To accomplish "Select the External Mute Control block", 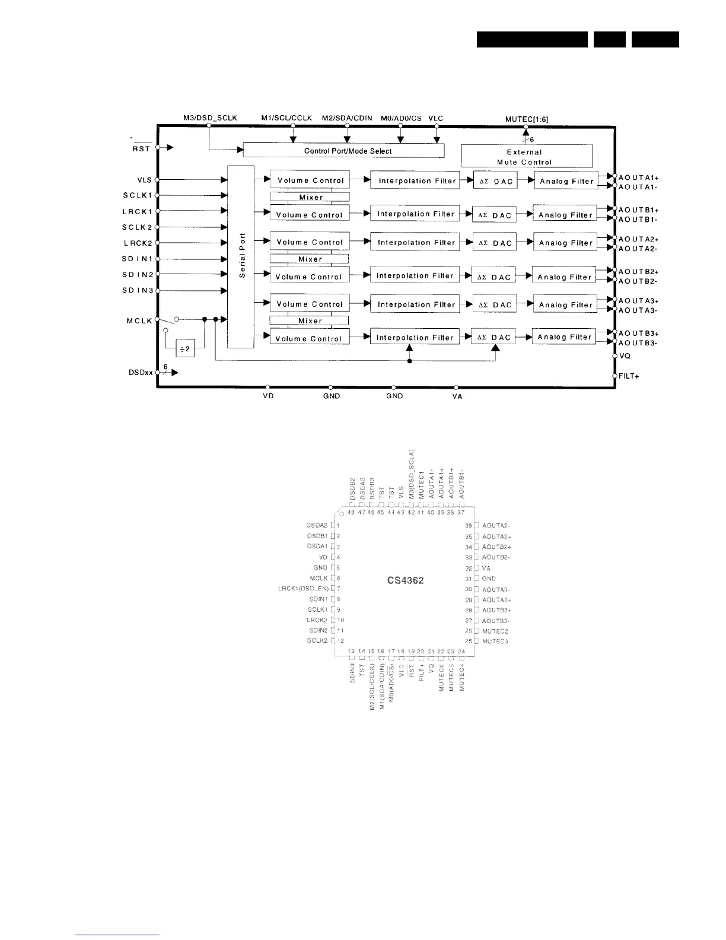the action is pyautogui.click(x=527, y=157).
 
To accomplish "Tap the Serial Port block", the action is pyautogui.click(x=241, y=257).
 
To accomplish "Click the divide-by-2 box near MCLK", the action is pyautogui.click(x=186, y=349).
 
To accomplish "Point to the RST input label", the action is pyautogui.click(x=141, y=148).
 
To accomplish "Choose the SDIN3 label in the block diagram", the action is pyautogui.click(x=138, y=290).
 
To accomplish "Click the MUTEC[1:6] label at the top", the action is pyautogui.click(x=526, y=119).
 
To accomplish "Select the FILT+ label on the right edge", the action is pyautogui.click(x=629, y=376).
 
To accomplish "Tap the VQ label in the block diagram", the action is pyautogui.click(x=625, y=356).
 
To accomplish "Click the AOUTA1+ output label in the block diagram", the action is pyautogui.click(x=639, y=177).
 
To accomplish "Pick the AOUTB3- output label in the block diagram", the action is pyautogui.click(x=638, y=343).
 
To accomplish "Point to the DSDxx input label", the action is pyautogui.click(x=141, y=373).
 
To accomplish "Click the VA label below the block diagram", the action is pyautogui.click(x=457, y=396).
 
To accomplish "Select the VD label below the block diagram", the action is pyautogui.click(x=268, y=396).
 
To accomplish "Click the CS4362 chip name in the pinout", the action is pyautogui.click(x=405, y=580).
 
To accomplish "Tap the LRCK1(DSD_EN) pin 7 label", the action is pyautogui.click(x=303, y=589).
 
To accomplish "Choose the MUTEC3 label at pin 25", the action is pyautogui.click(x=495, y=642).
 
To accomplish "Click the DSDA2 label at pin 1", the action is pyautogui.click(x=317, y=525).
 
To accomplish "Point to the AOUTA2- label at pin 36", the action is pyautogui.click(x=496, y=526).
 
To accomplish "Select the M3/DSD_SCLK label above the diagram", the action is pyautogui.click(x=210, y=118).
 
